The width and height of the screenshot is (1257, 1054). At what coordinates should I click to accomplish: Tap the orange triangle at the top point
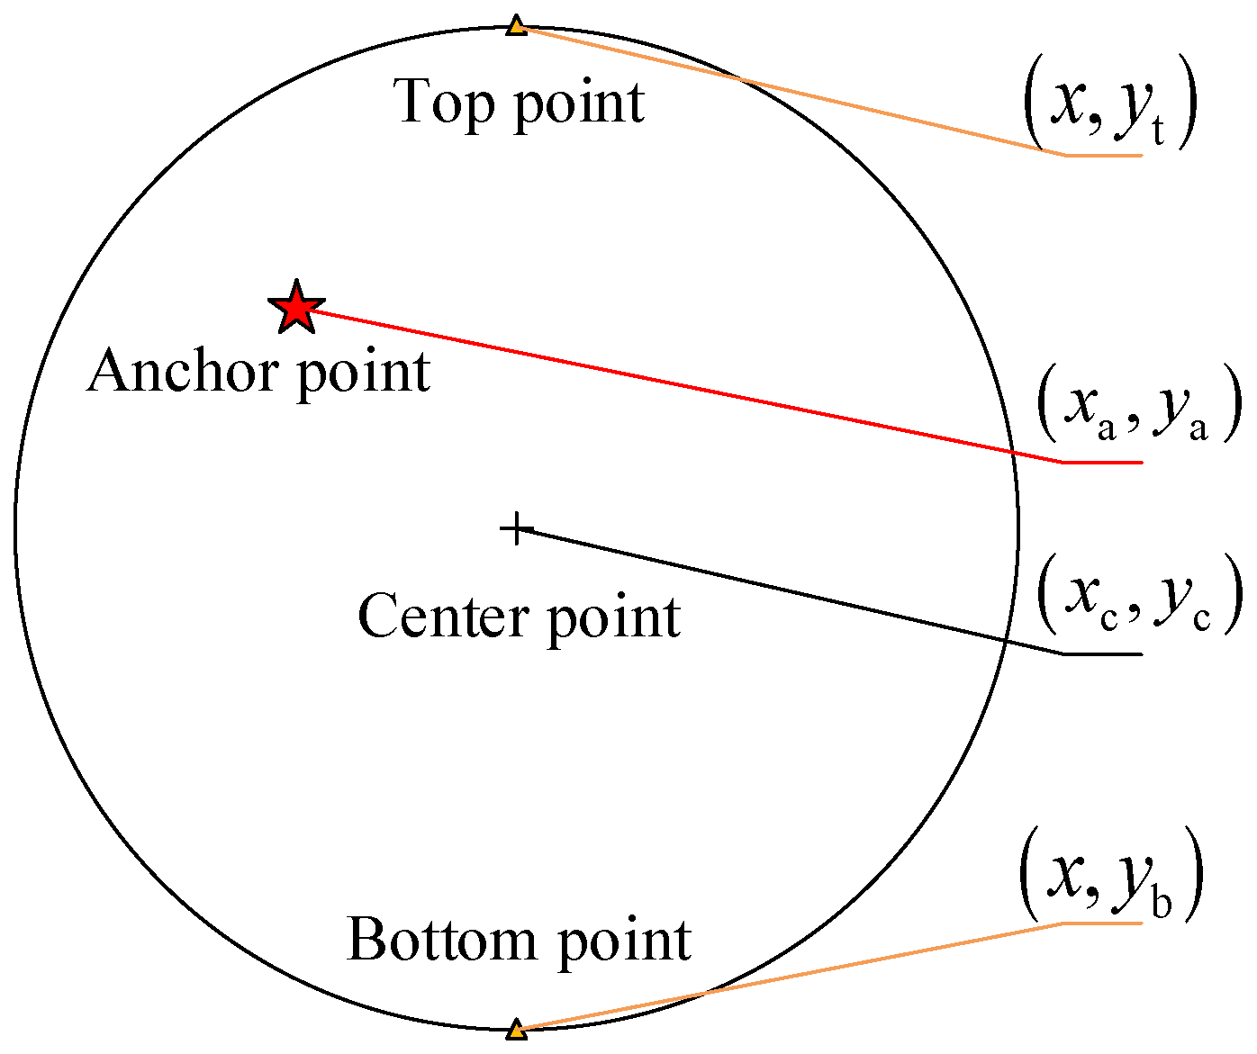click(516, 25)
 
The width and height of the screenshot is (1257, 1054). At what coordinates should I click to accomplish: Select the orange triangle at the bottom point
click(516, 1030)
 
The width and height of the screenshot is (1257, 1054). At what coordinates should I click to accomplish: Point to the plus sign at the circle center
click(516, 528)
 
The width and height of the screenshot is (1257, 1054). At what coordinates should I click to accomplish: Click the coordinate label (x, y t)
click(1109, 105)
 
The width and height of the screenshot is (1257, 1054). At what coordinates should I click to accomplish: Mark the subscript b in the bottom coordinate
click(1161, 903)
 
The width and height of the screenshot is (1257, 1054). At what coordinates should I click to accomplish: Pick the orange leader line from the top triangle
click(792, 91)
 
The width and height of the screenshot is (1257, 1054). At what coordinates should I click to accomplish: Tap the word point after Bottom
click(623, 942)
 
